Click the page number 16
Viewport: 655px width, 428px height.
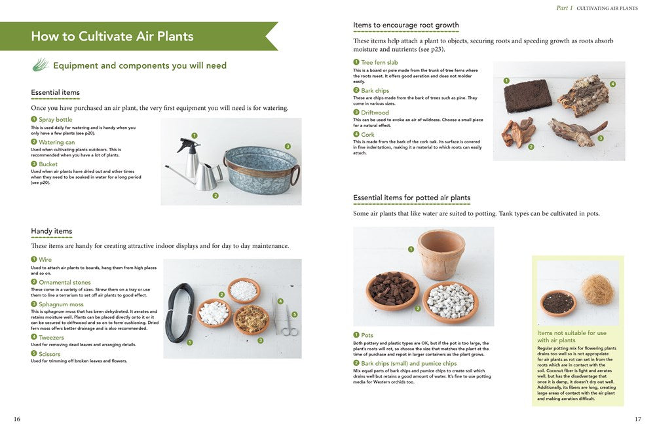[x=17, y=419]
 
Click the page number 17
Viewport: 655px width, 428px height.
[x=638, y=419]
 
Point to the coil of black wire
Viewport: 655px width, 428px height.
[x=179, y=313]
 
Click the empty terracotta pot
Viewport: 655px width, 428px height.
[x=441, y=255]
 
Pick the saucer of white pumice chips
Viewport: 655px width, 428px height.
[x=450, y=302]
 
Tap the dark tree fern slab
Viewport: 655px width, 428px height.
[x=529, y=97]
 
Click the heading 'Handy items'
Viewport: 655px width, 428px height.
[x=51, y=231]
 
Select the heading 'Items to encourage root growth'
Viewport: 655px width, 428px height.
[x=405, y=26]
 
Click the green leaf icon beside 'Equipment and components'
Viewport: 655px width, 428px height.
[x=41, y=65]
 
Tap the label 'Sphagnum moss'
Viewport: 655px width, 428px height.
[x=61, y=304]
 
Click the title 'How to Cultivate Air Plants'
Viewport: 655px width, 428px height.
[x=112, y=37]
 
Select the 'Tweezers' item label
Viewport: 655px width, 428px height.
[x=52, y=337]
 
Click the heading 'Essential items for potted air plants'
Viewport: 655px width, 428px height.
[x=411, y=198]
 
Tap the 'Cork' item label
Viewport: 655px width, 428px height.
[x=367, y=135]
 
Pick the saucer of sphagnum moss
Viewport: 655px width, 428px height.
[x=251, y=319]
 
